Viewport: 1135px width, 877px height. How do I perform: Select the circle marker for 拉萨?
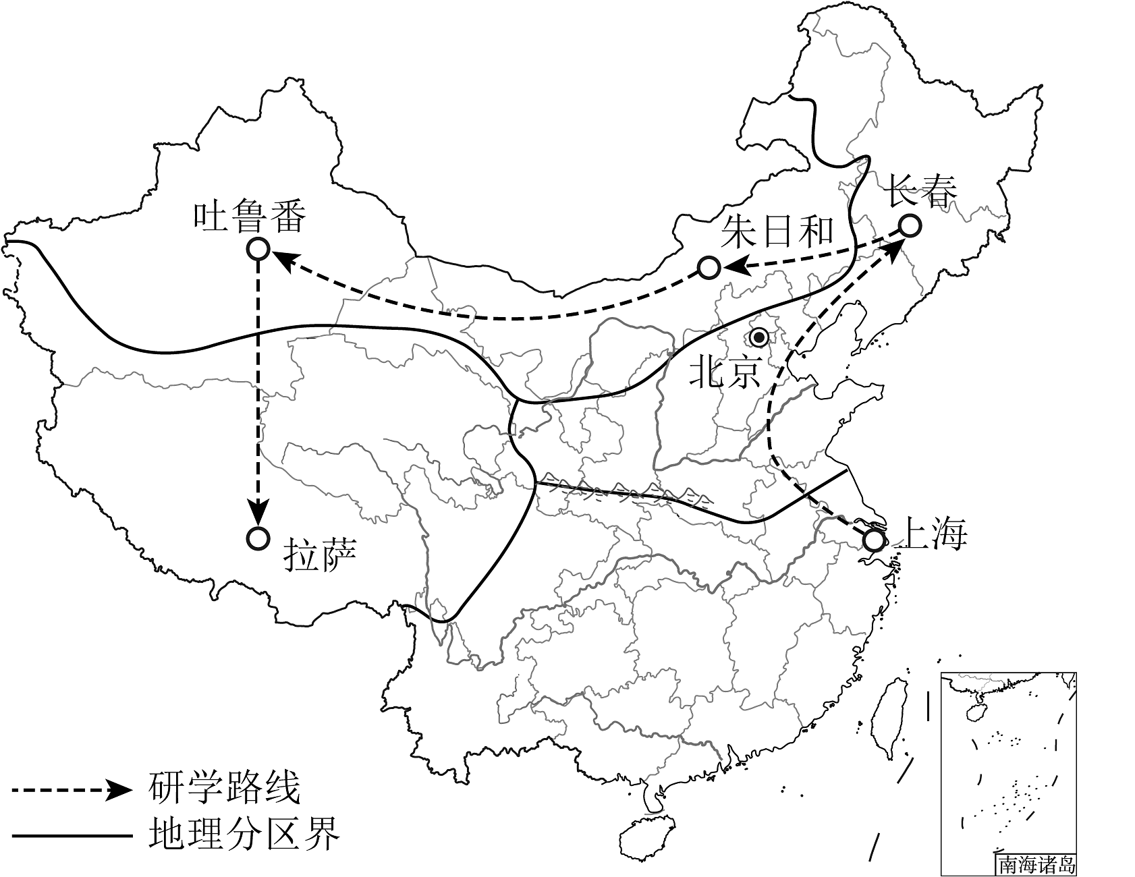[x=258, y=538]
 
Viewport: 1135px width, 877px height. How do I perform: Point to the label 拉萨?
[x=320, y=555]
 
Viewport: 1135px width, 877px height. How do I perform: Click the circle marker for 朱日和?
[x=709, y=268]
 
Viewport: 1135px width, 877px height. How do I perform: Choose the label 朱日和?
[x=777, y=233]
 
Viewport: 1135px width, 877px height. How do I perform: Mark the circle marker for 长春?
[x=909, y=225]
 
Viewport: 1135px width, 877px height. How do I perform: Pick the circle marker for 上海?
[x=873, y=540]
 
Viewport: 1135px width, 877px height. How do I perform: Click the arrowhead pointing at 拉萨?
[x=258, y=512]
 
